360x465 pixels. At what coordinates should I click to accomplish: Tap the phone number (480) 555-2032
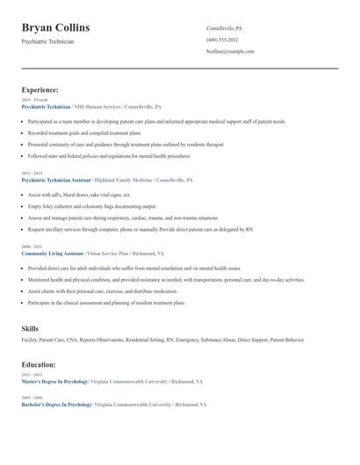click(x=222, y=39)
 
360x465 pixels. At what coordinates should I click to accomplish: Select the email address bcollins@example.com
click(x=230, y=51)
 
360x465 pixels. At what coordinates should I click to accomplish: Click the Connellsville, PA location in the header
click(x=224, y=28)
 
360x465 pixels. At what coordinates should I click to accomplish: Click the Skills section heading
click(x=30, y=328)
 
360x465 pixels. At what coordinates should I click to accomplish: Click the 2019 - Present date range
click(x=35, y=100)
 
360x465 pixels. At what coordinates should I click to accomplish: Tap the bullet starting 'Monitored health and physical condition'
click(x=165, y=279)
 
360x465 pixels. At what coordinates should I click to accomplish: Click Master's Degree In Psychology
click(x=54, y=382)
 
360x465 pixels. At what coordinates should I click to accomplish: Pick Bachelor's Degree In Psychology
click(x=56, y=404)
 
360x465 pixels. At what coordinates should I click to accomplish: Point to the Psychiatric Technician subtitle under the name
click(x=47, y=41)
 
